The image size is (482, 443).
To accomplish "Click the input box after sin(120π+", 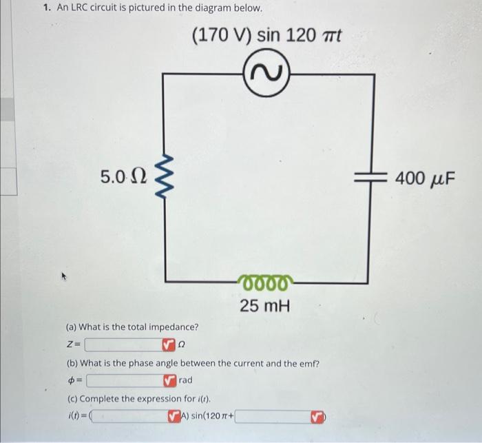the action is [x=273, y=417].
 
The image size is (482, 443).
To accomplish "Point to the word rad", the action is [x=185, y=380].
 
